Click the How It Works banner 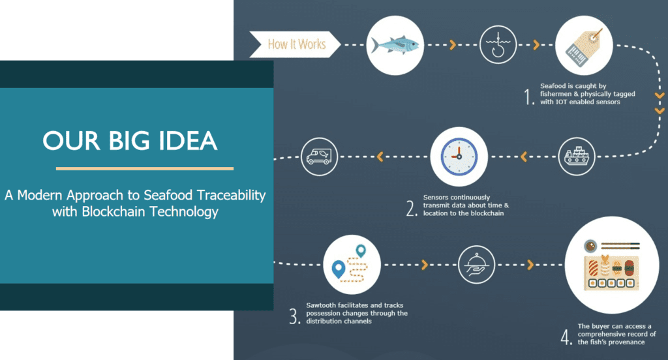point(296,44)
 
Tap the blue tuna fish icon point(395,45)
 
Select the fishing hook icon point(498,45)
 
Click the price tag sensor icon point(584,45)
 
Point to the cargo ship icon point(577,157)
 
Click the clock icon point(459,157)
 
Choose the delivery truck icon point(319,157)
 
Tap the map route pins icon point(352,265)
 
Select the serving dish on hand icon point(476,265)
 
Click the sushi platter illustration point(611,265)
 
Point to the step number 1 point(528,97)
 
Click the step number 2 point(412,209)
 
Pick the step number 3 point(295,316)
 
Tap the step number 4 point(566,337)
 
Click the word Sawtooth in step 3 point(320,305)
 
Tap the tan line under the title point(145,168)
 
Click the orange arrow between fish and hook point(453,44)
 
